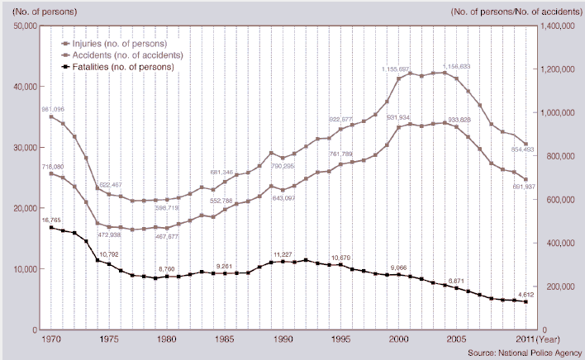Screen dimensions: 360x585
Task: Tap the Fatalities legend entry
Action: click(122, 67)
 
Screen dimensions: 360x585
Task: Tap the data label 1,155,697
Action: click(402, 69)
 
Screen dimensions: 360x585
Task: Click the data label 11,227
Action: click(283, 254)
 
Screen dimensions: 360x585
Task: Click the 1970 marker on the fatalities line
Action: click(51, 227)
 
